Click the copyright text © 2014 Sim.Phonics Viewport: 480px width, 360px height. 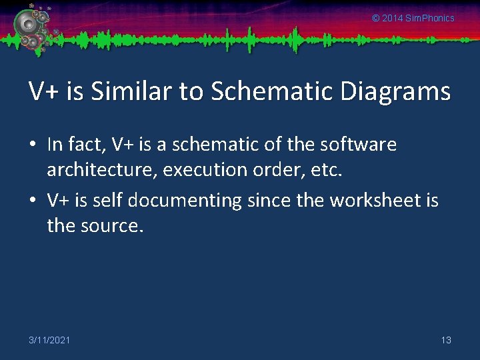pos(413,18)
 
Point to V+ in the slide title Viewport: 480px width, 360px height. pos(42,91)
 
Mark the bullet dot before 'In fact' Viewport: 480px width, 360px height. pos(33,145)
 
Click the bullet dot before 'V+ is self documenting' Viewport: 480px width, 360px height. pos(33,201)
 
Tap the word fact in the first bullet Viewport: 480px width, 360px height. pos(85,144)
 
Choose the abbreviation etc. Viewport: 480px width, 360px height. pos(327,170)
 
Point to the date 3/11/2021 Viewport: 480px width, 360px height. pos(49,340)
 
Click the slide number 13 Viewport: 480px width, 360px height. pos(446,340)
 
